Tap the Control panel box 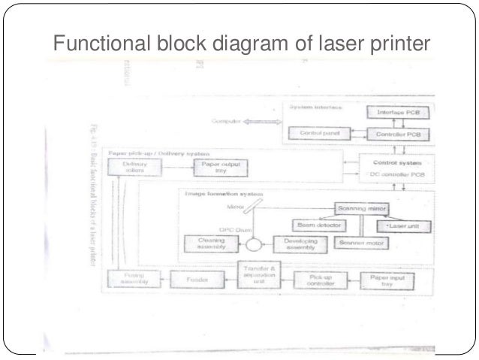[315, 134]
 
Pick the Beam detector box [318, 225]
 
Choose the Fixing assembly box [135, 278]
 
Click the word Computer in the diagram [226, 121]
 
